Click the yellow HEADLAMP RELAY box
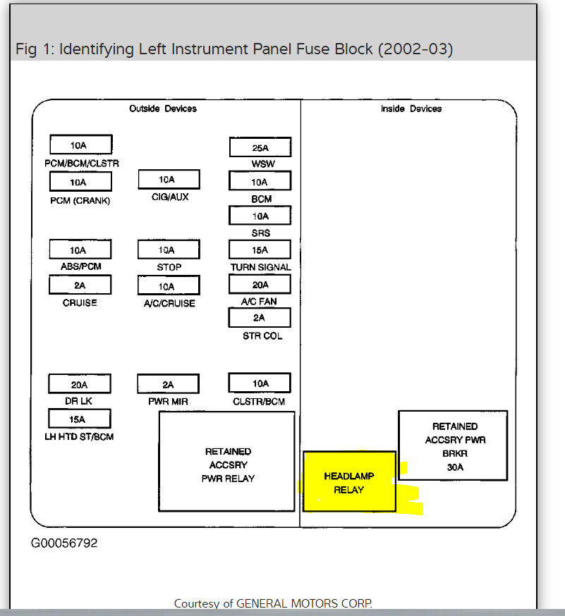click(349, 482)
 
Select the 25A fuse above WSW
click(260, 147)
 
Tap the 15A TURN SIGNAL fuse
click(260, 250)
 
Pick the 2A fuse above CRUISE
click(80, 285)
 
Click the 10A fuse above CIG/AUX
click(169, 180)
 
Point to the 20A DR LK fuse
click(80, 384)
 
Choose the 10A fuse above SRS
click(260, 216)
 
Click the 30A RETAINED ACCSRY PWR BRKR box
click(453, 446)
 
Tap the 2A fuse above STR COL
click(260, 318)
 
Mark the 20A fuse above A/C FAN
click(260, 285)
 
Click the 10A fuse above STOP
click(169, 250)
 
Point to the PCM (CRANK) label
click(80, 200)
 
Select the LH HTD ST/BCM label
click(80, 437)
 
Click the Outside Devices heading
click(163, 109)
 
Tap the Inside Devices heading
click(411, 109)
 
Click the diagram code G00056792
click(64, 543)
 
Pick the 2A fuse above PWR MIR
click(169, 384)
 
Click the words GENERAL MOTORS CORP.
click(304, 603)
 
